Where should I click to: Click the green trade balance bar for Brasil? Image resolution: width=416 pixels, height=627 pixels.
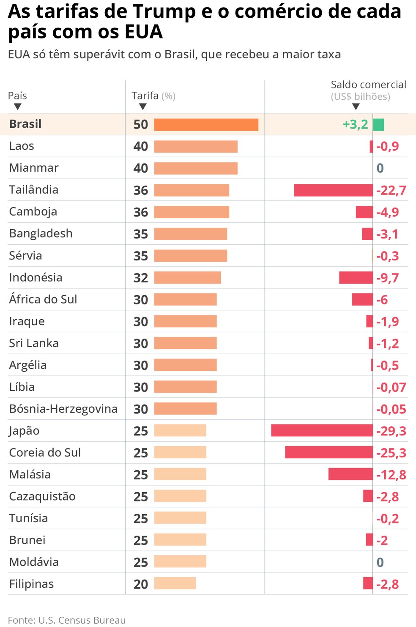378,125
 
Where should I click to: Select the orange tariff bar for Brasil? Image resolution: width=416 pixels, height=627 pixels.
206,125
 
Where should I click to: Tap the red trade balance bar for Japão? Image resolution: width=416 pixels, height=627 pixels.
322,430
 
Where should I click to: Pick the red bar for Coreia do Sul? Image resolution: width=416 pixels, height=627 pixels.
329,452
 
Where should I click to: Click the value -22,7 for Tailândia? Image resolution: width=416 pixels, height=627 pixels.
391,190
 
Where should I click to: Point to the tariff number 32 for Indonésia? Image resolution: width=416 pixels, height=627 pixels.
141,278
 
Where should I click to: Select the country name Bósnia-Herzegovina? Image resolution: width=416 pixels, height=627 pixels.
63,409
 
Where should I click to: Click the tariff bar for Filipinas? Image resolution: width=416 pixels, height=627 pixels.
175,583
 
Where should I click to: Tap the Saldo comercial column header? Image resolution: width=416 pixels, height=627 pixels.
368,85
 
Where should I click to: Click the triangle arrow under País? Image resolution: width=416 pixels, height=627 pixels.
17,107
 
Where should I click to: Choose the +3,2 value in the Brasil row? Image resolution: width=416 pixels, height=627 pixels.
355,125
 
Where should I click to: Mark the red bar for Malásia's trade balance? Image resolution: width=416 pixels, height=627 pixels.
350,474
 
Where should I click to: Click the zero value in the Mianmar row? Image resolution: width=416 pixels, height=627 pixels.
380,168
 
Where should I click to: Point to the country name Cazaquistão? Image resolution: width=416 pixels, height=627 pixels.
42,496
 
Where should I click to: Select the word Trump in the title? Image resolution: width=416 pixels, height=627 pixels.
164,12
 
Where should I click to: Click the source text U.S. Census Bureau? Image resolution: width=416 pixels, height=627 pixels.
82,620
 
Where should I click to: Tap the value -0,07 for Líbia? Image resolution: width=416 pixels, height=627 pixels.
391,387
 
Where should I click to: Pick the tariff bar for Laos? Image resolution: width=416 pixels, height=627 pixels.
196,146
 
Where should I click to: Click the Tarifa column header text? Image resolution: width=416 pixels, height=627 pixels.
145,96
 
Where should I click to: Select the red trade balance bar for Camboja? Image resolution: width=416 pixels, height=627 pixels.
364,212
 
